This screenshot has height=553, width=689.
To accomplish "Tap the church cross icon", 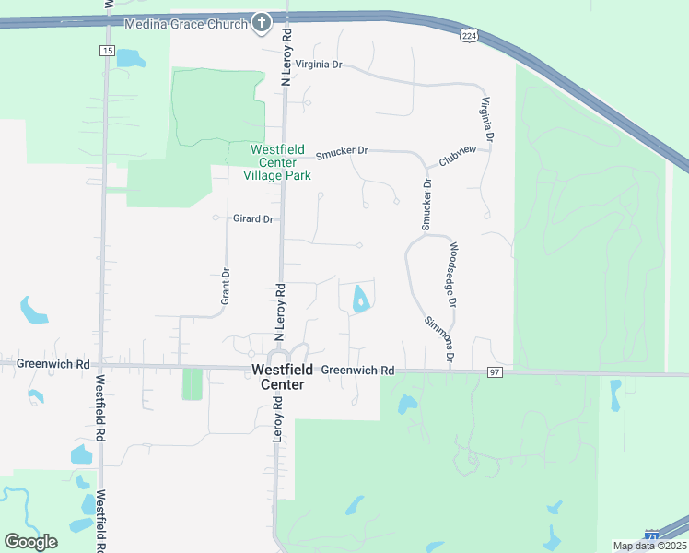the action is tap(262, 23).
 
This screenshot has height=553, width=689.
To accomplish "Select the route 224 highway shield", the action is tap(469, 35).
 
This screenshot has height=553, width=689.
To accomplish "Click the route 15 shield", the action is tap(108, 51).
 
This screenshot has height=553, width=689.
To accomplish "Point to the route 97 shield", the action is tap(496, 371).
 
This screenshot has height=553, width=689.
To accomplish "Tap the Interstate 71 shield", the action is tap(653, 535).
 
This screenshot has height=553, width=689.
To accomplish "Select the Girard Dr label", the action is tap(253, 218).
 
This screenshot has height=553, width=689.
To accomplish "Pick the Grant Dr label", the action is tap(226, 286).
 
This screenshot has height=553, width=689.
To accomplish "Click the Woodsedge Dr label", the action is tap(452, 275).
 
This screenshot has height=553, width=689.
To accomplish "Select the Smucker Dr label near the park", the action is tap(342, 151).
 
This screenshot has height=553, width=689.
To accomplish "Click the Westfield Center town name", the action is tap(277, 376).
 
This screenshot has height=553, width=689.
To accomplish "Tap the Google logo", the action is tap(30, 541).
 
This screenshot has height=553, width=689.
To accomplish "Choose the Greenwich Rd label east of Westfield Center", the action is tap(357, 371).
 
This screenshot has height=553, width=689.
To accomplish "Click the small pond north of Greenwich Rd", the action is tap(360, 299).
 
